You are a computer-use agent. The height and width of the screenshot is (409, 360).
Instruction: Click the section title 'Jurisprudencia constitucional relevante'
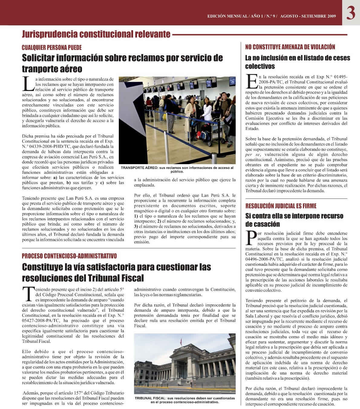tap(96, 34)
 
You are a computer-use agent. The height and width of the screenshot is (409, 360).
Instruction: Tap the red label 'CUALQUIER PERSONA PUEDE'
tap(52, 47)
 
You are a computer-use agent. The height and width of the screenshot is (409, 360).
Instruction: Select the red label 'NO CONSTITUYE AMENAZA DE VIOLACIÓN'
tap(290, 47)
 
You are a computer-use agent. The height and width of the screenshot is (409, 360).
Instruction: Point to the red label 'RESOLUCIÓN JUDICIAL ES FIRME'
tap(281, 206)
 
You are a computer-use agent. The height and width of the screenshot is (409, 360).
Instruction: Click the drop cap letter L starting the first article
tap(28, 84)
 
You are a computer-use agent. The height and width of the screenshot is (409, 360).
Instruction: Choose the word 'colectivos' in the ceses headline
tap(260, 66)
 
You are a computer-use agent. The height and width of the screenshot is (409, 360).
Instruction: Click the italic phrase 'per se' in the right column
tap(251, 154)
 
